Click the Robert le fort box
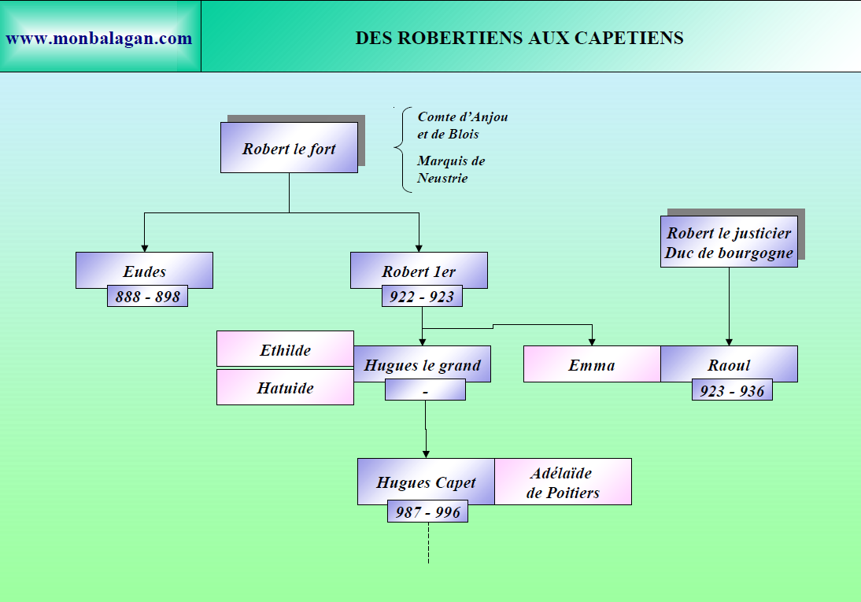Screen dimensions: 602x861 [289, 148]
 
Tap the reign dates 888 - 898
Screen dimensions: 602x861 [147, 296]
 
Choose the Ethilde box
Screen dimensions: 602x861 [285, 349]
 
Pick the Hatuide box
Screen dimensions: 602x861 [285, 387]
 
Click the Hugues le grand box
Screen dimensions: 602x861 [422, 364]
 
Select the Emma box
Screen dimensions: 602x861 [592, 364]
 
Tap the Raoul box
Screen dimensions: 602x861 [729, 364]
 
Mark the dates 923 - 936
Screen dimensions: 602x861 [732, 390]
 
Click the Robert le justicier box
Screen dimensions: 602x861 [729, 242]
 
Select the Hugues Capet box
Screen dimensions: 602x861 [426, 481]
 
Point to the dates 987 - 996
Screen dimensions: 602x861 [427, 512]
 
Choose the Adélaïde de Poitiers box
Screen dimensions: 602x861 [563, 482]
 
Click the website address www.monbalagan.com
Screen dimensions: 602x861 [99, 38]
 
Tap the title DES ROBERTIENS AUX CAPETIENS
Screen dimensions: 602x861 [519, 38]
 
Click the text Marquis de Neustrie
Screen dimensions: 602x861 [451, 169]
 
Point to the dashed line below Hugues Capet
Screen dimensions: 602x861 [428, 544]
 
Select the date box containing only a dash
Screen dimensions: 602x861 [425, 390]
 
